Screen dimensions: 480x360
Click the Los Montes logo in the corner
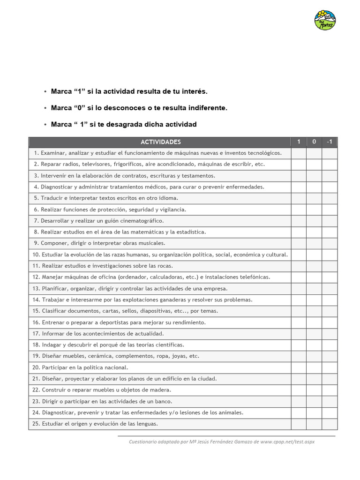325,20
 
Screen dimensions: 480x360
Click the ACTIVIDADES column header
160,142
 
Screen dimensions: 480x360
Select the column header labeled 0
314,142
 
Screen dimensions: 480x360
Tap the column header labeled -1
329,142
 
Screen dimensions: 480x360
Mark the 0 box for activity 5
314,198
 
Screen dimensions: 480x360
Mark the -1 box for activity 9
329,243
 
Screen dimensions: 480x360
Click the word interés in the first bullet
195,91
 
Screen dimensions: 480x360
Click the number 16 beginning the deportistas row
36,322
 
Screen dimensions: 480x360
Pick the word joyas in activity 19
180,356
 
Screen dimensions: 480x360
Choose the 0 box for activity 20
314,367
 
